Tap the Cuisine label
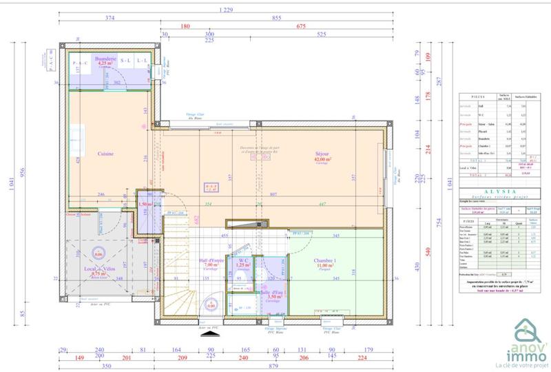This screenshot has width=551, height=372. click(x=105, y=154)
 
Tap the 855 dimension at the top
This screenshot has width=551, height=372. click(x=276, y=18)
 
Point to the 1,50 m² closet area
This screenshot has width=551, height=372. click(x=145, y=205)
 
